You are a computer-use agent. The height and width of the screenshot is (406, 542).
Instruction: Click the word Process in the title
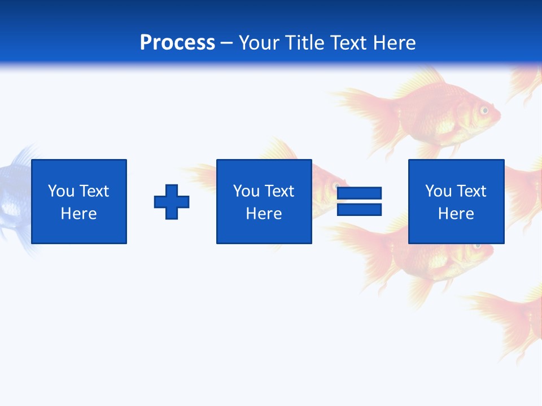coord(177,43)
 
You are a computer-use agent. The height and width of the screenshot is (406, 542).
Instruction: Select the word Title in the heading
coord(304,43)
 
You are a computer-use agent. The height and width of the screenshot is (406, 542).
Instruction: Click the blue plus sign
coord(172,201)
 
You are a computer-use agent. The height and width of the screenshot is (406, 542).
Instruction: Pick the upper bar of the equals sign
coord(359,193)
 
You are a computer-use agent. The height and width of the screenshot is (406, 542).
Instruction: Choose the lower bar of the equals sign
coord(359,209)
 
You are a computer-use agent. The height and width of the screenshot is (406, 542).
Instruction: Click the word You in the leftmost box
coord(61,191)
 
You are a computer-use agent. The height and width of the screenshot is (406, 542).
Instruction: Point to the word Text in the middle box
coord(279,191)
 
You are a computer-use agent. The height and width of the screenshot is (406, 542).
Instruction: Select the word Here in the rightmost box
coord(456,214)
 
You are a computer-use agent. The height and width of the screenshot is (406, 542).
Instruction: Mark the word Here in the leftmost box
coord(79,214)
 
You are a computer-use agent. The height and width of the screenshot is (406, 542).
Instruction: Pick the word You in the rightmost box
coord(438,191)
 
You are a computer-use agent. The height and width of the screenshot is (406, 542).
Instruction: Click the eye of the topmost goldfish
coord(484,110)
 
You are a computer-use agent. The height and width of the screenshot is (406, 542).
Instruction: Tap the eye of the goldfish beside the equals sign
coord(336,186)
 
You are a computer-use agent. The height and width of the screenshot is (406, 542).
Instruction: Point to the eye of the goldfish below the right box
coord(478,246)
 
